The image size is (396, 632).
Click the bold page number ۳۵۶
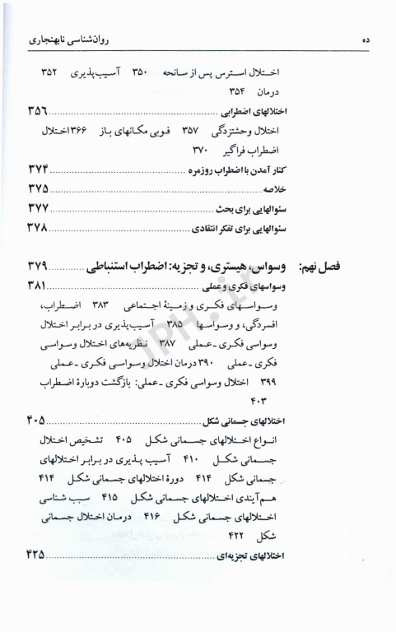tap(36, 110)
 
